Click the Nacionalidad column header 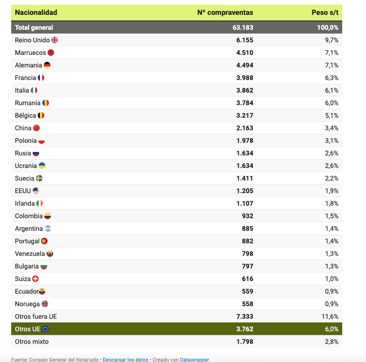[36, 13]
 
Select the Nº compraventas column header [225, 13]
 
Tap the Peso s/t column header [325, 13]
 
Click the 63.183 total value [243, 27]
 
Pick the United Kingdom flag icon [55, 40]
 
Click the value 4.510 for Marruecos [245, 53]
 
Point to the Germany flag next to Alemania [47, 65]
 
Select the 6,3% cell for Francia [331, 78]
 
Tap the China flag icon [36, 128]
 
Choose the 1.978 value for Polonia [245, 141]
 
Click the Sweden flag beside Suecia [40, 178]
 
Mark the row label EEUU [22, 191]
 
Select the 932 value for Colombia [248, 216]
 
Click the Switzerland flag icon [35, 279]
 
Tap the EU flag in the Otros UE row [45, 329]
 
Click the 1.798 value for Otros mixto [245, 342]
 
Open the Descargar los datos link [125, 360]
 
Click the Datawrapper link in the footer [194, 360]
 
